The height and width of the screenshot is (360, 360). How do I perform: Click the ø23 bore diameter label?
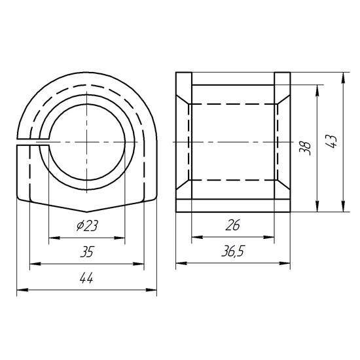[87, 226]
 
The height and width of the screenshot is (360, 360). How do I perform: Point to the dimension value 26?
[233, 226]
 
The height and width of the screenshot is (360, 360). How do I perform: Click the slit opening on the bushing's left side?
[26, 142]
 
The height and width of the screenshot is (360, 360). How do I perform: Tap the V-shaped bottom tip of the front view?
[86, 212]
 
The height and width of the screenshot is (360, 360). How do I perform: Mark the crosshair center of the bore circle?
[86, 142]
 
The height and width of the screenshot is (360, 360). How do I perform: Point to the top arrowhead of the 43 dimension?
[343, 75]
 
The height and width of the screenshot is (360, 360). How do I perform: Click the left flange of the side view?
[183, 142]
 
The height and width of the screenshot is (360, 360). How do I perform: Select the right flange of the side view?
[282, 142]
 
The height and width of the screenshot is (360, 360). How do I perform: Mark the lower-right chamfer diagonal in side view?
[282, 189]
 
